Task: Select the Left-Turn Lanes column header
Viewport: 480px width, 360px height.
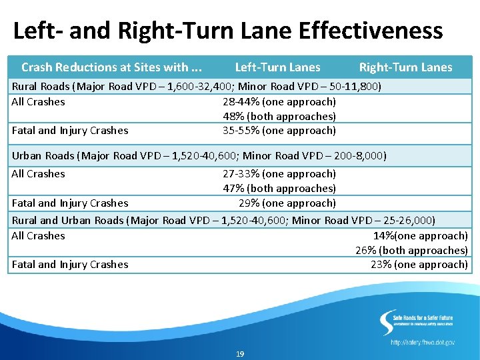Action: (277, 67)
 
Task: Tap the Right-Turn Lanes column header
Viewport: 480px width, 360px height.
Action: (405, 67)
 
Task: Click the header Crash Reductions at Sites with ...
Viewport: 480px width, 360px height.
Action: (111, 67)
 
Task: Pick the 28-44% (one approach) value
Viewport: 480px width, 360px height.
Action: (279, 102)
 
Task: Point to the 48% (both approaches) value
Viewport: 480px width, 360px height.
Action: (279, 117)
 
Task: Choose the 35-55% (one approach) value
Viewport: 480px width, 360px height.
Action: (279, 131)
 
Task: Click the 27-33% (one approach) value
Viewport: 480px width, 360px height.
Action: (279, 174)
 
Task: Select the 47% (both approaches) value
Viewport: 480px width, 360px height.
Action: (279, 189)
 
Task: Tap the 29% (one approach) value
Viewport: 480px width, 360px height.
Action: (287, 203)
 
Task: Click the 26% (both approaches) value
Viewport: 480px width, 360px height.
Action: (411, 251)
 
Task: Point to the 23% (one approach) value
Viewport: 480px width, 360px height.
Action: (419, 265)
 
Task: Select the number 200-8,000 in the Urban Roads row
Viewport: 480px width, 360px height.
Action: (358, 156)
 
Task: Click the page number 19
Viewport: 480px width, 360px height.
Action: (240, 354)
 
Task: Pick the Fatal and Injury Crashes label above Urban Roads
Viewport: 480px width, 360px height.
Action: (70, 131)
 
